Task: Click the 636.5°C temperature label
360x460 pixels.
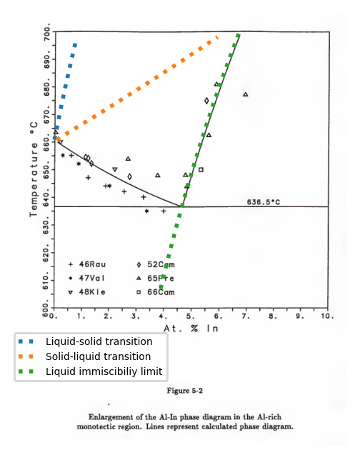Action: (x=264, y=202)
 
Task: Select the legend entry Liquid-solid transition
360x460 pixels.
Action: (x=99, y=341)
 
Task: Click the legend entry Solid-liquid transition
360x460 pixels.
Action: (x=99, y=356)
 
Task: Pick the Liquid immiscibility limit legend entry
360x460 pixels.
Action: (x=104, y=371)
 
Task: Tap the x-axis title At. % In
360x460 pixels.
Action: (x=191, y=329)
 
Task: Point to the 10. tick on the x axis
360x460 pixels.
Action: (x=327, y=315)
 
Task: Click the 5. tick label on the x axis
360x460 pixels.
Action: (x=191, y=315)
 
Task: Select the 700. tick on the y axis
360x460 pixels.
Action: (x=47, y=34)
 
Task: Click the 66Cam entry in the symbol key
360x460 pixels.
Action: (x=161, y=291)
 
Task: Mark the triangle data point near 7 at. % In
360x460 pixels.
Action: (x=246, y=94)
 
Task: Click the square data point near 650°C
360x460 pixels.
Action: (x=201, y=169)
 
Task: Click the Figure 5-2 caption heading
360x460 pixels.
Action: (x=184, y=391)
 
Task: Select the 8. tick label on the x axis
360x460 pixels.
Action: (x=273, y=315)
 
